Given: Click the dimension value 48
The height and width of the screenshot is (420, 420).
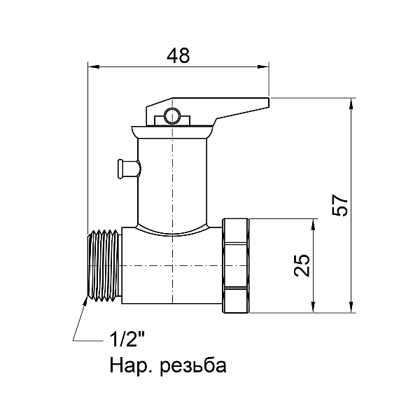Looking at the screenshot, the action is (x=178, y=56).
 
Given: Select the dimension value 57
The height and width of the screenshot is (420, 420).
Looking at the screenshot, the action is (x=340, y=205).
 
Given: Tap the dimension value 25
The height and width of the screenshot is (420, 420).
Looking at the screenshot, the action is (x=302, y=265).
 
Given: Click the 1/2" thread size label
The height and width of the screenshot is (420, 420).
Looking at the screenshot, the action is (x=127, y=339).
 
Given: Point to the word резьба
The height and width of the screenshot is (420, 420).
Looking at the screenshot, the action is (x=193, y=365).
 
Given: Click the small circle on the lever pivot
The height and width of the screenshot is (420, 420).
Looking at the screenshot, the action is (x=171, y=116).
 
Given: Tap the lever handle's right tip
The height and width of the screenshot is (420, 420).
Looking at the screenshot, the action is (x=269, y=103).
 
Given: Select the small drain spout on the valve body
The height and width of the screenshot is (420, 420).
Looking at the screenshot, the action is (x=129, y=169).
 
